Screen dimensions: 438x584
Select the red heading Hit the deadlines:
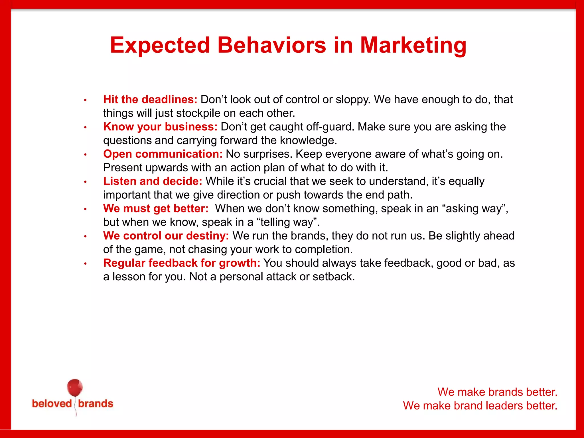click(150, 100)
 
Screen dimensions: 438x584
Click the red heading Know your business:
click(160, 127)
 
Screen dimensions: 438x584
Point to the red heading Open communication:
click(163, 154)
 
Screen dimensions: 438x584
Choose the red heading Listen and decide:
click(153, 181)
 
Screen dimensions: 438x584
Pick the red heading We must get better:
click(156, 208)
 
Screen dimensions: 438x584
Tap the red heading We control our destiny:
click(166, 236)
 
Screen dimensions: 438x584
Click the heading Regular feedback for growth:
click(182, 263)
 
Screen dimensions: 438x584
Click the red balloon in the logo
click(75, 388)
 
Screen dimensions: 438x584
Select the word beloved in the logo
click(52, 404)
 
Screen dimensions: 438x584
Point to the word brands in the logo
click(96, 404)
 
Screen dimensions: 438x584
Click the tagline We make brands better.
click(497, 392)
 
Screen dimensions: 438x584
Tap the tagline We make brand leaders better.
click(480, 406)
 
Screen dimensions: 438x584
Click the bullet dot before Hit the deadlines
click(85, 100)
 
